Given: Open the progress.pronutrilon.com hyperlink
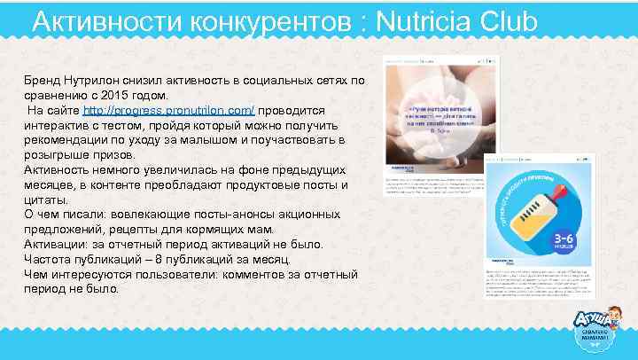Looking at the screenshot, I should click(169, 110).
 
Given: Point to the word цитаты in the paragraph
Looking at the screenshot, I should click(47, 200).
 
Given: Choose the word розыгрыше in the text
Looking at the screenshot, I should click(58, 155).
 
